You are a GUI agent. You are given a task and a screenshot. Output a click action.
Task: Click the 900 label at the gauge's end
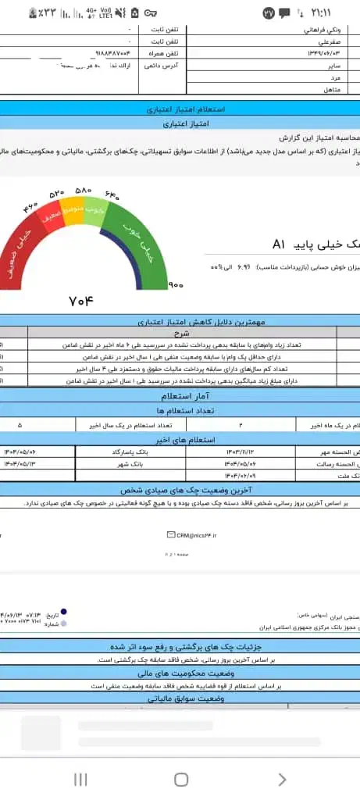tap(175, 286)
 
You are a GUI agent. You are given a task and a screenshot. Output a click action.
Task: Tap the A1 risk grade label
tap(282, 245)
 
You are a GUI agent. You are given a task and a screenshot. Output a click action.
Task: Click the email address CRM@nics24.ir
tap(196, 534)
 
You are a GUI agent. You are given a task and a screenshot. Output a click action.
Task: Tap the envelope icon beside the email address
tap(171, 534)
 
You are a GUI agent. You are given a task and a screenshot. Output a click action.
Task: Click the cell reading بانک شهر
tap(125, 463)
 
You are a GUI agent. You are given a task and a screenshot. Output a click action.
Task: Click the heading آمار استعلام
tap(179, 396)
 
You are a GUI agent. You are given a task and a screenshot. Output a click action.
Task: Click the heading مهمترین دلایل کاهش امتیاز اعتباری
tap(179, 321)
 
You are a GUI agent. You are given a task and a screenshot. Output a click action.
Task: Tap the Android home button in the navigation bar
tap(180, 779)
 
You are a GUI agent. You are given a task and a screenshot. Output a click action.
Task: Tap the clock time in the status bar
tap(321, 13)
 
